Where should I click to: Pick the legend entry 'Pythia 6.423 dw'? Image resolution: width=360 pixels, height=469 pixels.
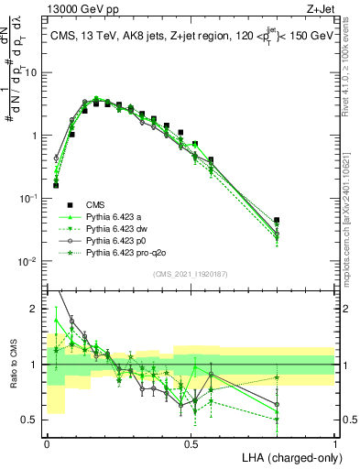[x=118, y=228]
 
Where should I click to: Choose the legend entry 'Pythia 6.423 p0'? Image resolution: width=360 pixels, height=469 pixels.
[x=118, y=240]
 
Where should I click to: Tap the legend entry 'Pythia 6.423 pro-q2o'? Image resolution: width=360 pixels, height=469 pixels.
[x=127, y=252]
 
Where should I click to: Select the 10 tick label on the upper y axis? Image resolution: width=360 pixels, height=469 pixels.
[x=32, y=71]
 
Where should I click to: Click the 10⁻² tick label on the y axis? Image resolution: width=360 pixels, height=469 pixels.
[x=28, y=261]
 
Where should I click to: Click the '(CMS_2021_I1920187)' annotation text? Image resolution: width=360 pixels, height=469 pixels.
[x=191, y=272]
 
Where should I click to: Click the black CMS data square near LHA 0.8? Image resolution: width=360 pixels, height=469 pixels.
[x=277, y=220]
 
